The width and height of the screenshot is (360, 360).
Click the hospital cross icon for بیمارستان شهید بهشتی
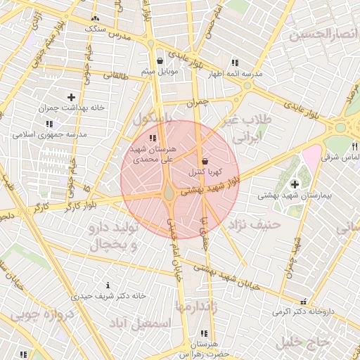point(293,184)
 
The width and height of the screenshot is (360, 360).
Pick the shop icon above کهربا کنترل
point(205,161)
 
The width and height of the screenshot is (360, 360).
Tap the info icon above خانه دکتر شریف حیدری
point(107,285)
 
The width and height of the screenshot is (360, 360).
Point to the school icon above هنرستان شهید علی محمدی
point(153,138)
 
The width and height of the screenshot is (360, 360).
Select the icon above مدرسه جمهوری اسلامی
point(49,124)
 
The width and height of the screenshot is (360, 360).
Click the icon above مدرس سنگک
point(96,19)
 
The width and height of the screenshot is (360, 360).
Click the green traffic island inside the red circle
point(169,193)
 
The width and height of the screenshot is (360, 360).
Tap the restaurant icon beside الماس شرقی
point(355,146)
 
